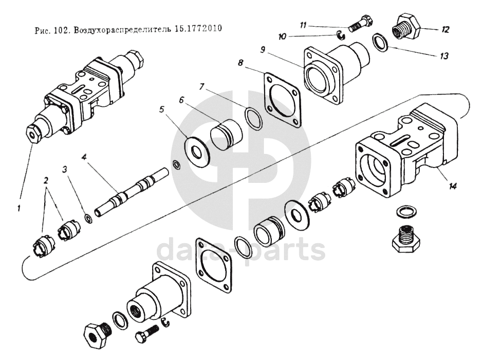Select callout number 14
(x=452, y=186)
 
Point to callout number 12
(x=445, y=30)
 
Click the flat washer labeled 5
(x=196, y=151)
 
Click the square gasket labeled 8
(x=282, y=100)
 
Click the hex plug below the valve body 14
(x=406, y=237)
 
